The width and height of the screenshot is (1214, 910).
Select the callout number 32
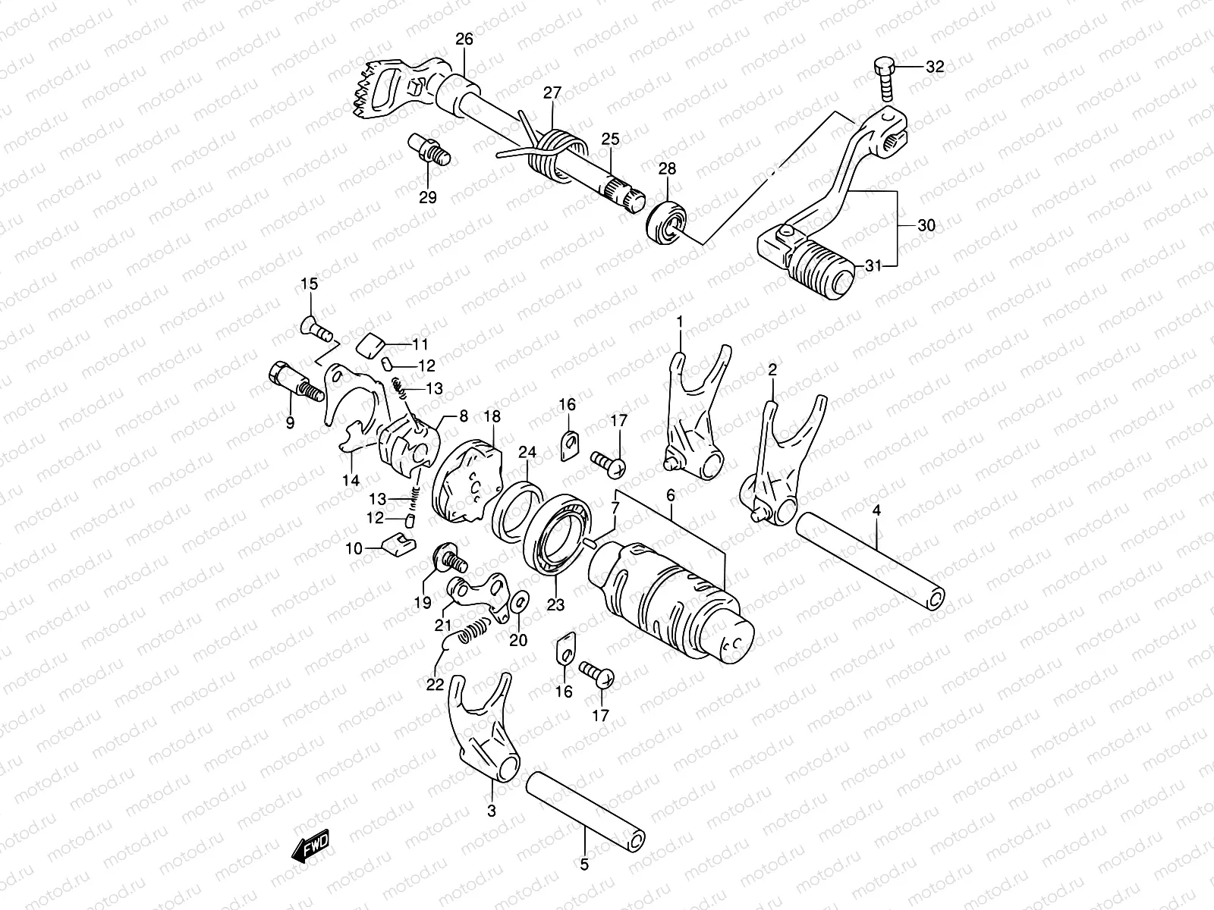tap(934, 66)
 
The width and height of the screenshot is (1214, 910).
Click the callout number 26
tap(464, 39)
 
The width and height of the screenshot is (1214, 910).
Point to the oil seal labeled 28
tap(668, 221)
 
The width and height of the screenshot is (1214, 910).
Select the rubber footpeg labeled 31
tap(825, 269)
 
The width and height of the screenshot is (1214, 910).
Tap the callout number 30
tap(926, 225)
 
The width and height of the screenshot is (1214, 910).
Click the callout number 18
tap(492, 416)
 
